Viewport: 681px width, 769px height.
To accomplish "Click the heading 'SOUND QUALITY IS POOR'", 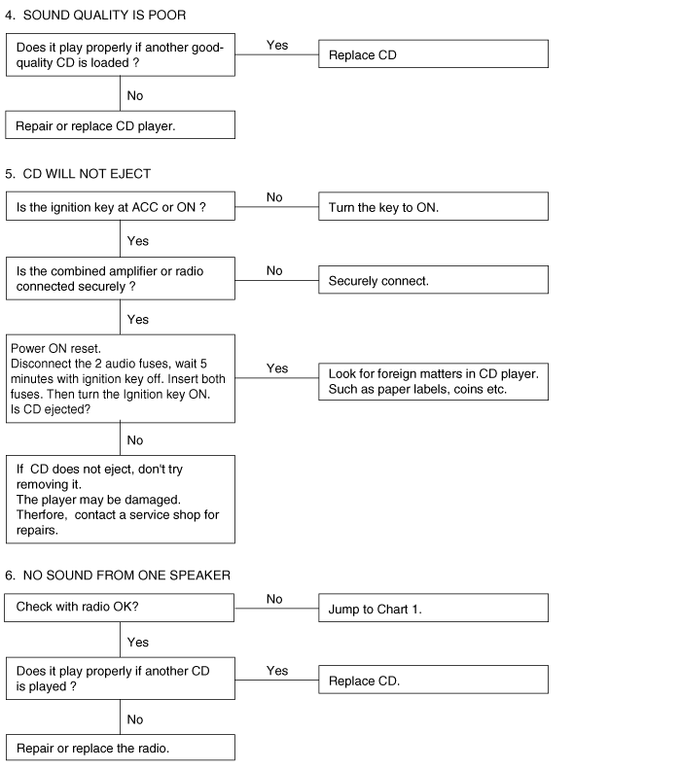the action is click(x=104, y=16).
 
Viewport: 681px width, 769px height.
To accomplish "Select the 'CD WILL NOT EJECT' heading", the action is click(x=87, y=174).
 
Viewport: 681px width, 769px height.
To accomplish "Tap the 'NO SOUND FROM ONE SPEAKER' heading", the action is click(x=126, y=576).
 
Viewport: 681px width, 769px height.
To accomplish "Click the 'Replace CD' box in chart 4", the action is click(x=433, y=53).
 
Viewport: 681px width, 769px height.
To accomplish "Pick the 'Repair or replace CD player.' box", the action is click(x=121, y=125).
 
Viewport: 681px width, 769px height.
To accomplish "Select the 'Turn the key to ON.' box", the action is click(x=433, y=206).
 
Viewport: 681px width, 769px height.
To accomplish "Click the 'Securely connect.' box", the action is click(x=433, y=280).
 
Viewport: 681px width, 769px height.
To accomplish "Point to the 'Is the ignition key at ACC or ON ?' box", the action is click(x=121, y=206).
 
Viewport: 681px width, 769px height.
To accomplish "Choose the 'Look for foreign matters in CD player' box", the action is click(x=433, y=381).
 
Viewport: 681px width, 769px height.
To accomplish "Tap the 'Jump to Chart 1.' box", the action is click(x=433, y=608).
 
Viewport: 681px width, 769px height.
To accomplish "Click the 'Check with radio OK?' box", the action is click(x=120, y=608).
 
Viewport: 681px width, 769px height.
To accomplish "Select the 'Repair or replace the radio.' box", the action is click(x=121, y=748).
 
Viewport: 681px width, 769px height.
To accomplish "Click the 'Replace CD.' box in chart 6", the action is click(x=433, y=680).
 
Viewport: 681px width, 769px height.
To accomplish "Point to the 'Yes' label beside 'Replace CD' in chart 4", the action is click(x=277, y=45).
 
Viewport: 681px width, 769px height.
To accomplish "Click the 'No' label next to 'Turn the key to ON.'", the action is click(x=274, y=197).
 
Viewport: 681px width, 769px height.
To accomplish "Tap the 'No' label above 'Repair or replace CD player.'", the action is click(x=135, y=95).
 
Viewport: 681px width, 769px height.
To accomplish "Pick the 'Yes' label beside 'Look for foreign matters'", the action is click(x=277, y=368).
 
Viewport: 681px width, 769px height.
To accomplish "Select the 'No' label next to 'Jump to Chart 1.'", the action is click(x=274, y=599).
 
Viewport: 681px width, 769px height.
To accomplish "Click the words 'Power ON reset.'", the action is click(x=55, y=349).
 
